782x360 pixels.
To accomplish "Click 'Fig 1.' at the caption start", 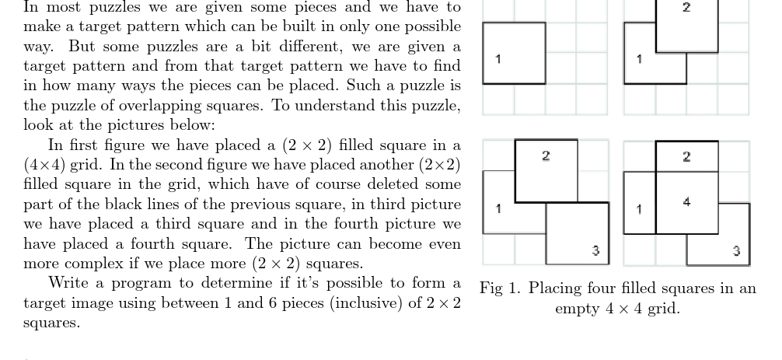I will [501, 288].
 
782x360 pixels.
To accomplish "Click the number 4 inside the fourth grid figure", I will [686, 202].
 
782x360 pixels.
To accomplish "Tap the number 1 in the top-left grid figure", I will [498, 59].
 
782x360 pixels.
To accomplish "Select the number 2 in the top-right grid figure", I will [686, 8].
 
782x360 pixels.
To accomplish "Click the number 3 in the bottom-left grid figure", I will [595, 250].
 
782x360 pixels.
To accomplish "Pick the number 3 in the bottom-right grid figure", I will [736, 250].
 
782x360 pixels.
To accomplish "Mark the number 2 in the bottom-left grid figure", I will [546, 156].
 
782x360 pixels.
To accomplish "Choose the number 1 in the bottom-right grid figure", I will [639, 208].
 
